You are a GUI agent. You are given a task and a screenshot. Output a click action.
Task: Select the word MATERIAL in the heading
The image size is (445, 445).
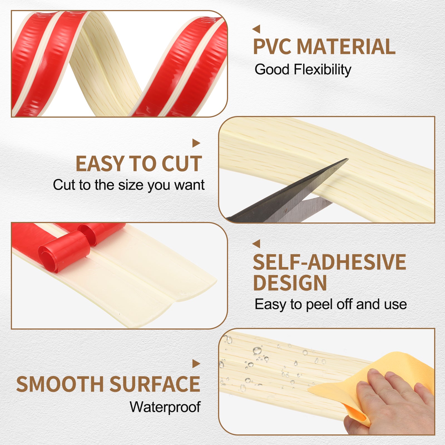(x=346, y=46)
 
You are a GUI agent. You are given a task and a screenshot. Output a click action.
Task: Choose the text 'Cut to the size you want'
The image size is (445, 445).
(x=129, y=185)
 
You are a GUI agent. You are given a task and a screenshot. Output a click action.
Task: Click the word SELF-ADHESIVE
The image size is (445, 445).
(x=330, y=262)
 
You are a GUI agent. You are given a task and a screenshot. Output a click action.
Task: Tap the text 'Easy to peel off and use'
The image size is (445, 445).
(x=331, y=304)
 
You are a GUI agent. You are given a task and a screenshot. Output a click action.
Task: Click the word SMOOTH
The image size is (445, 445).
(x=60, y=384)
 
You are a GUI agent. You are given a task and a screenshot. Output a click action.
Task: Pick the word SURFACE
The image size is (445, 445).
(x=155, y=384)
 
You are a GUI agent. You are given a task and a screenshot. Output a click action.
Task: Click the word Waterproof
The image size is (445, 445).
(x=165, y=407)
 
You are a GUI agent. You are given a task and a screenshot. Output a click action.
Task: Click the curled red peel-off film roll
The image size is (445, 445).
(x=65, y=250)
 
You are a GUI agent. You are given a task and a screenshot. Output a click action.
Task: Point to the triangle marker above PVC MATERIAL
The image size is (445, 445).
(x=256, y=29)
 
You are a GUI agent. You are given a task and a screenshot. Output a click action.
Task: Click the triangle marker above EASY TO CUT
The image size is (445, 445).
(x=196, y=143)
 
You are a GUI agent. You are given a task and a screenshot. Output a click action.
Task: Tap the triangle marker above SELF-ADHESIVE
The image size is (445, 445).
(x=256, y=244)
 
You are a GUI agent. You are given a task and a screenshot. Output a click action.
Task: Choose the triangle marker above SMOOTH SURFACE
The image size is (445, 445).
(x=196, y=364)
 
